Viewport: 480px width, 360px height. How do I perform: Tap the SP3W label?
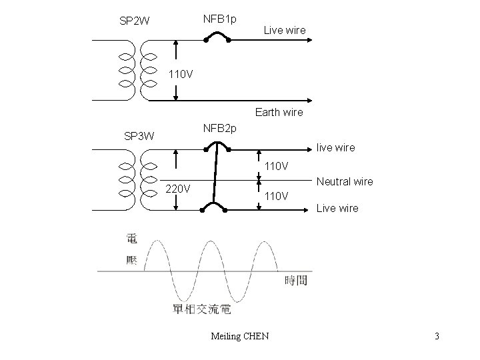[139, 136]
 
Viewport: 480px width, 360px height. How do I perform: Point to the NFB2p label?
[219, 127]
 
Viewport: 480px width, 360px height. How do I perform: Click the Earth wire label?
[279, 112]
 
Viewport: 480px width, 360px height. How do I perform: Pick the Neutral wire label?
[345, 181]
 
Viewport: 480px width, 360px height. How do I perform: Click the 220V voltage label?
[178, 188]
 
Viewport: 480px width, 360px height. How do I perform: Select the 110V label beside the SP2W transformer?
[181, 74]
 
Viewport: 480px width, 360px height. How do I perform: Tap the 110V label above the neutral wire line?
[277, 165]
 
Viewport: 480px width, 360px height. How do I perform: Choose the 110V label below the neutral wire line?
[277, 196]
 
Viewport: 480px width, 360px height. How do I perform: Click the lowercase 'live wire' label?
[336, 147]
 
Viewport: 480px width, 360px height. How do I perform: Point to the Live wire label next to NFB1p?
[285, 30]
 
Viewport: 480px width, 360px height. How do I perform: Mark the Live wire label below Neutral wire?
[337, 208]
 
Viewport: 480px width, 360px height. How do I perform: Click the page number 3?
[437, 336]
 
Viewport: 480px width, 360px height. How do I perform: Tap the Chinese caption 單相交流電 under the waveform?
[201, 309]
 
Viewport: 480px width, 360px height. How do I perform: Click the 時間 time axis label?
[296, 280]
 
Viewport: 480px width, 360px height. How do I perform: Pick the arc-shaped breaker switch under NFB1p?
[217, 38]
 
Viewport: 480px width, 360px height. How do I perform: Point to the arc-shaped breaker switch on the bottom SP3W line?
[214, 208]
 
